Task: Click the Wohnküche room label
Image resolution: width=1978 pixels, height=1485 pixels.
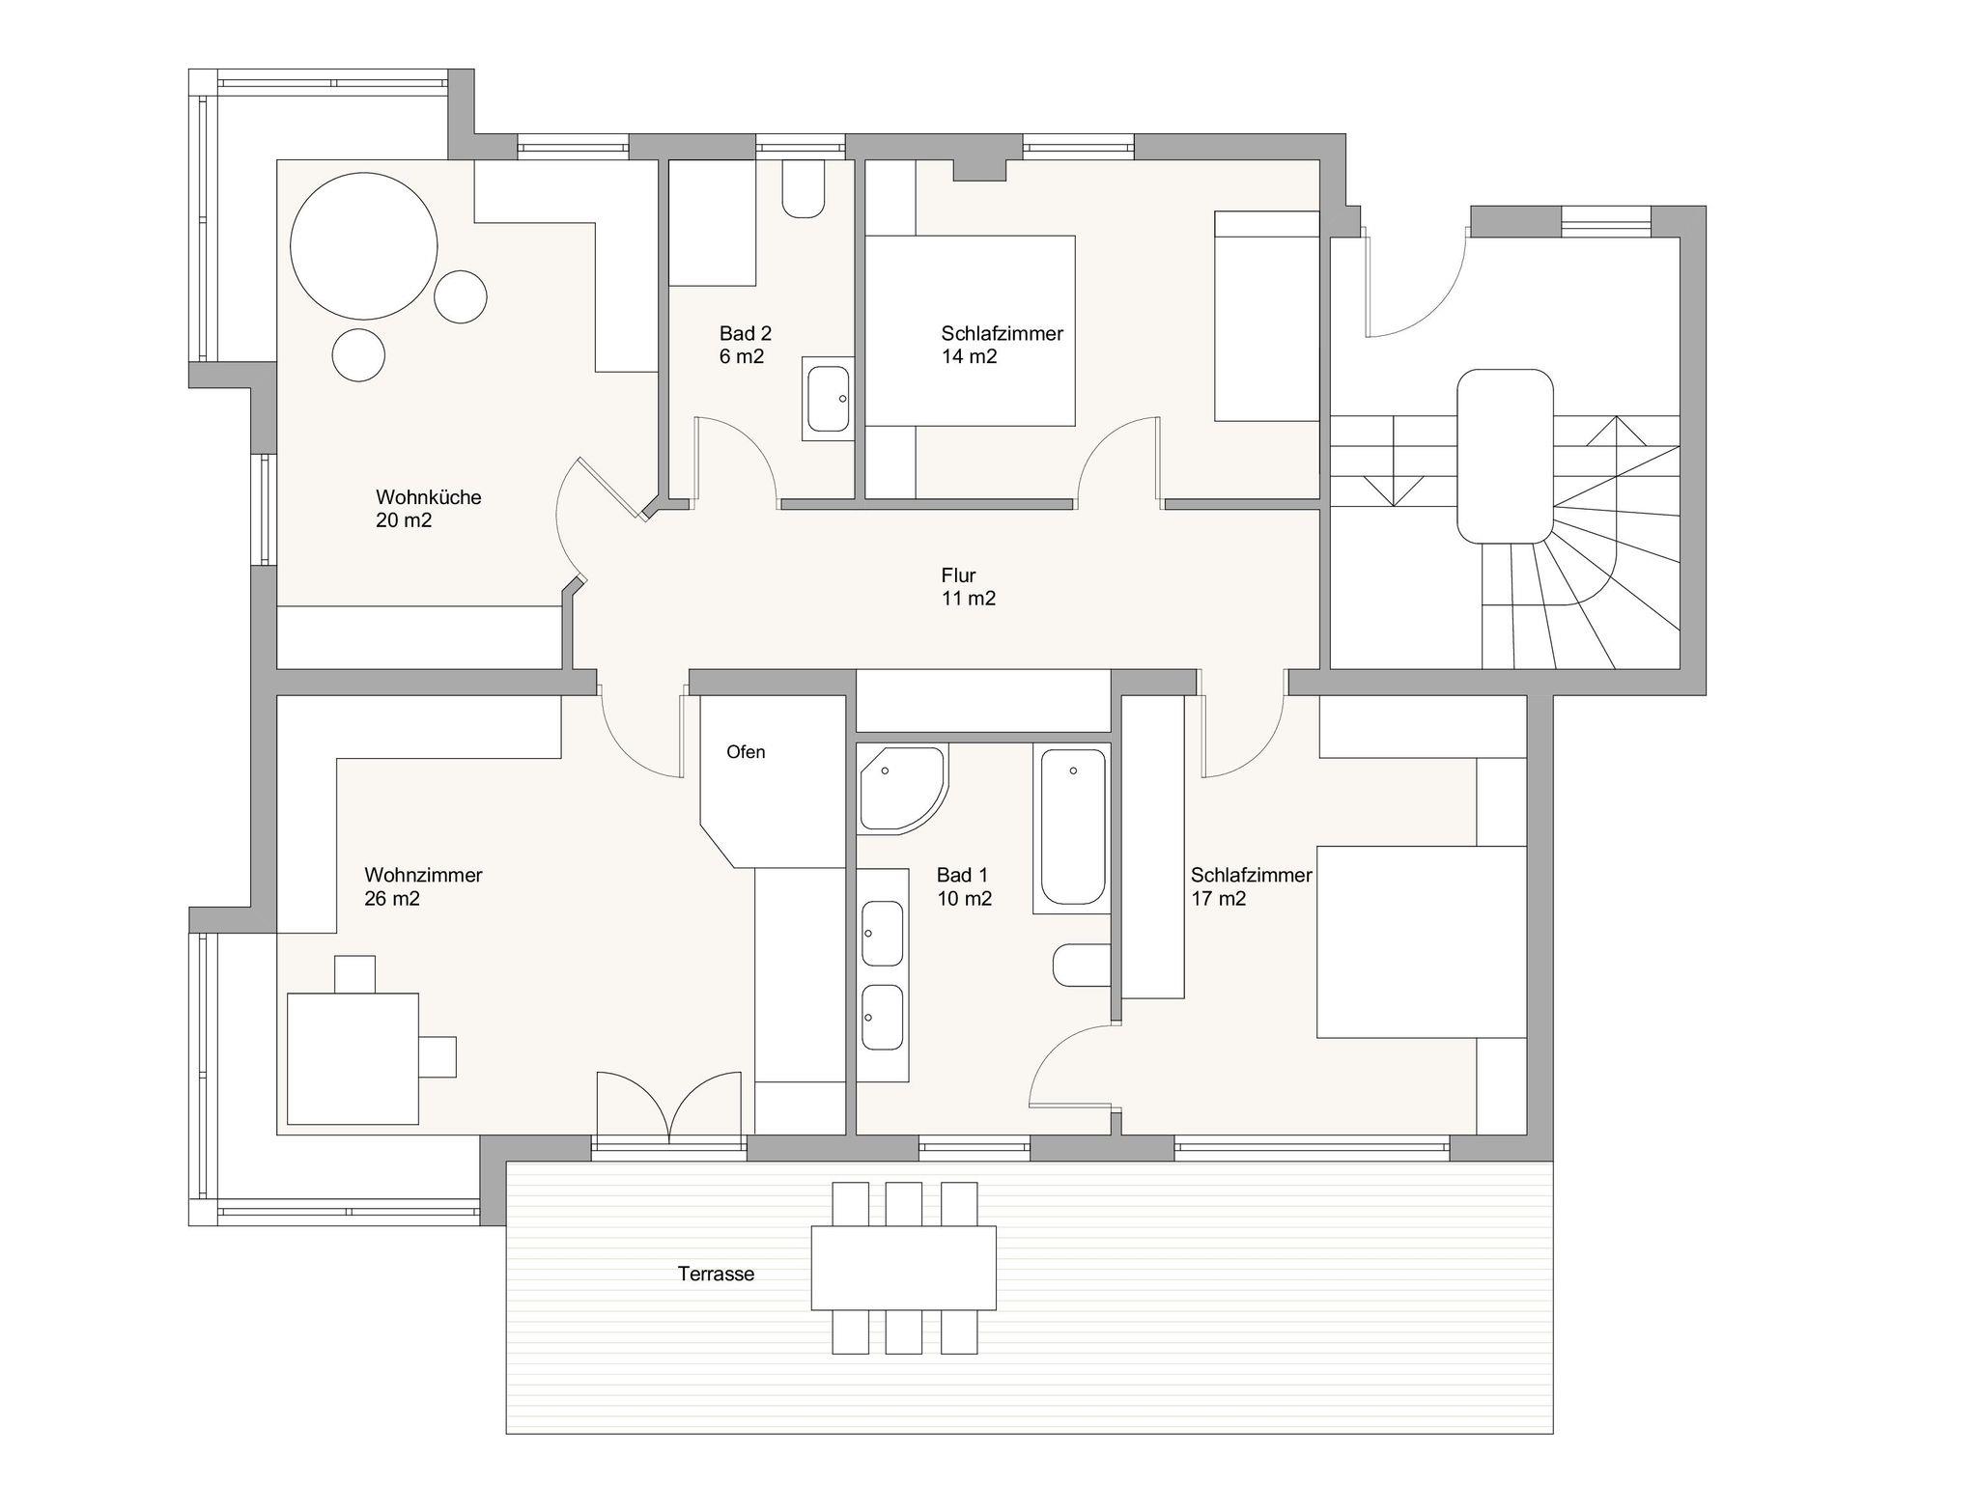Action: [x=429, y=497]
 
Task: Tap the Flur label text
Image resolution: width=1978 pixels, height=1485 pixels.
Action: [x=958, y=575]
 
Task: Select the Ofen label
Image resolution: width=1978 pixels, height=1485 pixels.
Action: [x=746, y=752]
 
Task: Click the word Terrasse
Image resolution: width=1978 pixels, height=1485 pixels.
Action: [x=716, y=1274]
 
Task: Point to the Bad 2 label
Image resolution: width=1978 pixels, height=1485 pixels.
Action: [x=746, y=333]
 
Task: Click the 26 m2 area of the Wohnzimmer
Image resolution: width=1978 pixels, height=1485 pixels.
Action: [x=392, y=899]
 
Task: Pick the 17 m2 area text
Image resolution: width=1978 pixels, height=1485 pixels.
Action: [x=1219, y=899]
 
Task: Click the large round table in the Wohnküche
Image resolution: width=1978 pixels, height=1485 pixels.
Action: [x=364, y=246]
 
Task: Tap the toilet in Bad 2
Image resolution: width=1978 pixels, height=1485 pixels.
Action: [x=804, y=189]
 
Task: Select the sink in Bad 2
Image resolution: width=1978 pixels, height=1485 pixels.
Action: [x=828, y=398]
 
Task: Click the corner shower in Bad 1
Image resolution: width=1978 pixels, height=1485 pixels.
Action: [x=902, y=789]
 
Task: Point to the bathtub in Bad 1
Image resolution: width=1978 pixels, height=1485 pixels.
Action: [x=1072, y=828]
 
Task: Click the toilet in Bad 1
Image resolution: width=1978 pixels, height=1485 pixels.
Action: [x=1082, y=965]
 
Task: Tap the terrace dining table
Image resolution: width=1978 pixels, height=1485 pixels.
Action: [x=903, y=1267]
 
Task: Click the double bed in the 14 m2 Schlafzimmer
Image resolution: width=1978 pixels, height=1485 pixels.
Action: [x=970, y=330]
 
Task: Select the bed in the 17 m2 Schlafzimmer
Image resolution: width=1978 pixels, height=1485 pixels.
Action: [x=1422, y=942]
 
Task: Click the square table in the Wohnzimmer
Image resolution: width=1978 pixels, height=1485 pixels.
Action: [x=353, y=1058]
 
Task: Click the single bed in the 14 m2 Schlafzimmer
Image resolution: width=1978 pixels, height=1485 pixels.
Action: [x=1266, y=316]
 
